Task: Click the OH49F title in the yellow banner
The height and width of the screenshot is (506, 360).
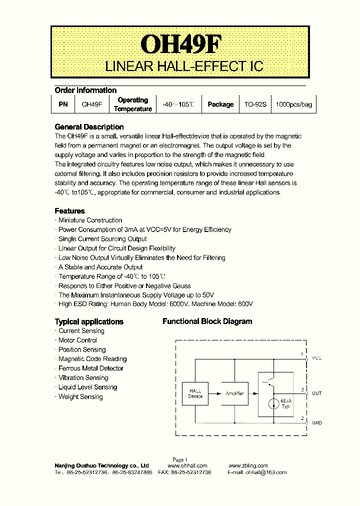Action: click(180, 44)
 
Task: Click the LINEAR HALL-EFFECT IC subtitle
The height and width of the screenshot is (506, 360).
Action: click(184, 66)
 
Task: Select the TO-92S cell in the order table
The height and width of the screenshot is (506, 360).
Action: click(255, 104)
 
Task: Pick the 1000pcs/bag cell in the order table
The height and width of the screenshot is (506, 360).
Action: click(294, 104)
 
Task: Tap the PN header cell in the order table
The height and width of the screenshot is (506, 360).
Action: click(62, 104)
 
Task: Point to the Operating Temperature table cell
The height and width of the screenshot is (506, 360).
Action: click(132, 104)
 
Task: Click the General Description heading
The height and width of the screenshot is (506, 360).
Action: click(89, 127)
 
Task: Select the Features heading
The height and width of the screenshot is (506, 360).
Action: click(70, 211)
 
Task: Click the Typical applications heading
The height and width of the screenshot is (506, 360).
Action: click(89, 321)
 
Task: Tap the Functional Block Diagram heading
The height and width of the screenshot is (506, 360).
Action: click(207, 321)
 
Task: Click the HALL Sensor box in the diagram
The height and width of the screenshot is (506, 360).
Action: click(195, 393)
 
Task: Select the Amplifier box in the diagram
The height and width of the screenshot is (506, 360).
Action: click(234, 393)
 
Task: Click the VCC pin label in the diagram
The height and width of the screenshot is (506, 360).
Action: click(316, 358)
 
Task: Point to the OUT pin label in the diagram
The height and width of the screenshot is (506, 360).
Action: click(316, 393)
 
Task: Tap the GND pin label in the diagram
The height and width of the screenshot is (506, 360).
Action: click(316, 423)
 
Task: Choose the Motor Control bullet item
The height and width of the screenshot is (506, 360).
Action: click(77, 340)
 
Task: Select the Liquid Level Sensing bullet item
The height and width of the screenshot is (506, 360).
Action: click(87, 387)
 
